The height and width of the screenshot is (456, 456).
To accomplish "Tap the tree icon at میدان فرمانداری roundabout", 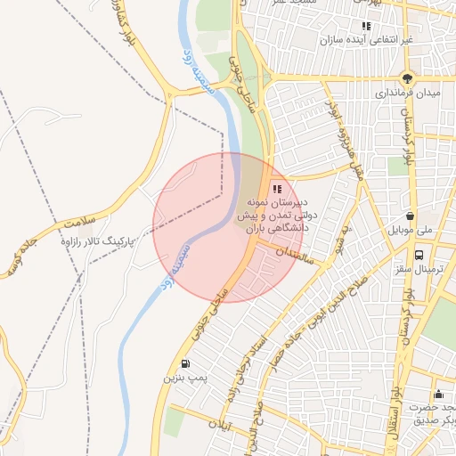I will click(408, 77).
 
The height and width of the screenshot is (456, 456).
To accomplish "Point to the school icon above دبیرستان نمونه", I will click(276, 189).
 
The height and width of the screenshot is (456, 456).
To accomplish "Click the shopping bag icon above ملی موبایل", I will click(410, 216).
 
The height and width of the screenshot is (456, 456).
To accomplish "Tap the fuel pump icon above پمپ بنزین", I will click(184, 363).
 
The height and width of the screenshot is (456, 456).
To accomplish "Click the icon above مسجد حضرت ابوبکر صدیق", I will click(437, 395).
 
